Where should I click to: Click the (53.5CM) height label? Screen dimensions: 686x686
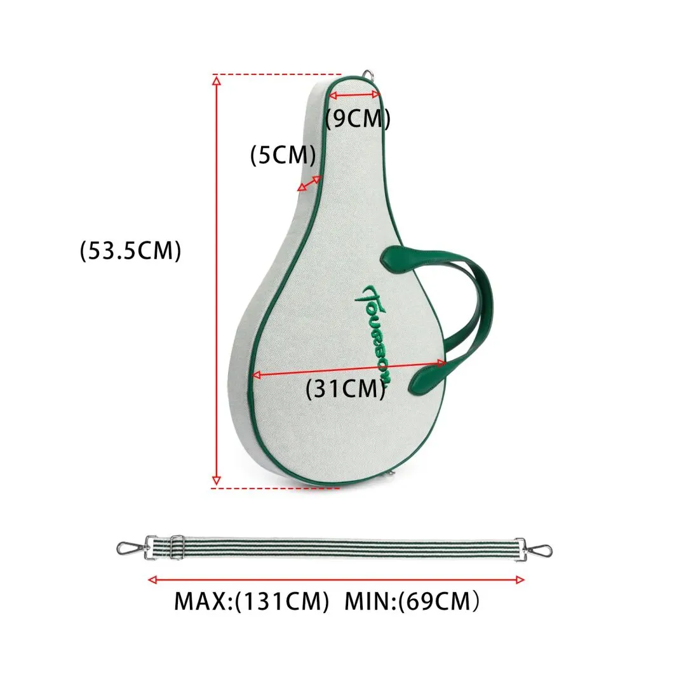tap(131, 250)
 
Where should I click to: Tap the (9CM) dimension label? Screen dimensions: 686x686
tap(358, 119)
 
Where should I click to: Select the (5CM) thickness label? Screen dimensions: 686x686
tap(283, 155)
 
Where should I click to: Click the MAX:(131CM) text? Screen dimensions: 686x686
tap(252, 600)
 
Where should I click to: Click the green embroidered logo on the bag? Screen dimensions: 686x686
tap(375, 333)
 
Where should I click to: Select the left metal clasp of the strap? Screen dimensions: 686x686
tap(130, 548)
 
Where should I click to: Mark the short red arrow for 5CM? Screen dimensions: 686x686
tap(309, 184)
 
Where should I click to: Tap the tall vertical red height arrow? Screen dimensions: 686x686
tap(217, 279)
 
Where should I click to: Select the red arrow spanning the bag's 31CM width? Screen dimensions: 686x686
tap(349, 368)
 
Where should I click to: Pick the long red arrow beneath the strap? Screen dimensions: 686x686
tap(337, 579)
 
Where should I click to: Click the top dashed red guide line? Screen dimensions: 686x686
tap(279, 75)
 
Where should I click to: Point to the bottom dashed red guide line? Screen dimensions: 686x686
tap(267, 488)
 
